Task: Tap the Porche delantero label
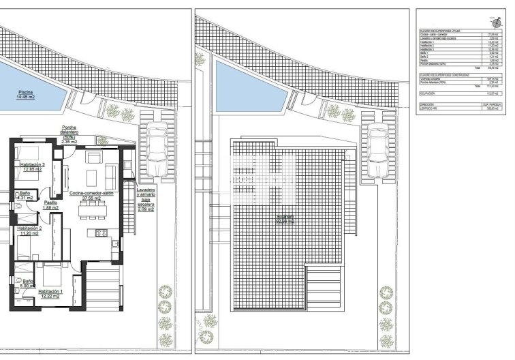click(x=68, y=134)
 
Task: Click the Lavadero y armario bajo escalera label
click(x=146, y=201)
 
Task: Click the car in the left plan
click(x=157, y=149)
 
